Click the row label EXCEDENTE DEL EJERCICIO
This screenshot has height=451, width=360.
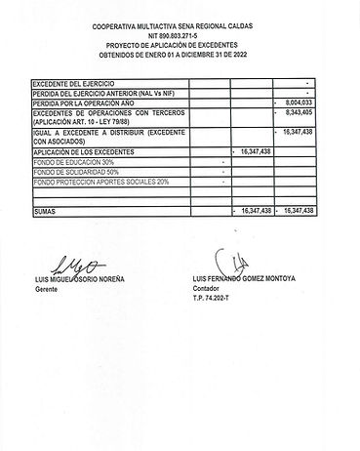click(69, 84)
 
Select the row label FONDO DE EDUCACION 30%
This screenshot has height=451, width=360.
click(73, 162)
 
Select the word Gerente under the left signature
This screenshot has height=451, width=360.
click(47, 291)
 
